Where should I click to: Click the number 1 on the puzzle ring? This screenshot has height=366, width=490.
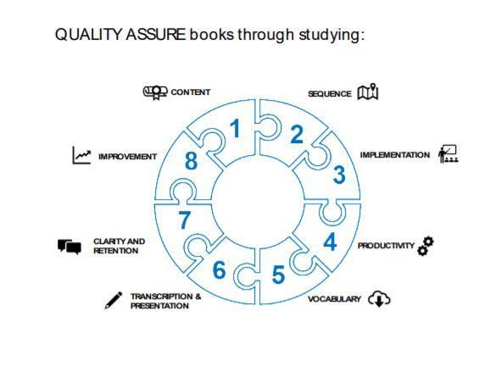point(235,128)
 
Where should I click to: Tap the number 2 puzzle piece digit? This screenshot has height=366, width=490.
point(296,134)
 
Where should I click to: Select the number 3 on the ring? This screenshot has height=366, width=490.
point(339,175)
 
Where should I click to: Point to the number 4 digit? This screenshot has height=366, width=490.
point(330,241)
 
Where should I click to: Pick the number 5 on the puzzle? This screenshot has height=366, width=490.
point(278,274)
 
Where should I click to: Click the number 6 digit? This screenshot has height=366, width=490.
point(219,269)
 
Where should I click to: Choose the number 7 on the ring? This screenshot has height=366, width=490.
point(184,219)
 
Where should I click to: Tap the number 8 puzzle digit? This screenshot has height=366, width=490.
point(191,161)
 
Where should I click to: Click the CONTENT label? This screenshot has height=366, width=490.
point(190,92)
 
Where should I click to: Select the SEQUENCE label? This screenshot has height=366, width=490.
point(330,94)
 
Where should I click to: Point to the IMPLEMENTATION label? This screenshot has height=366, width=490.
point(395,155)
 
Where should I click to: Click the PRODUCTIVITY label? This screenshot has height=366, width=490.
point(386,246)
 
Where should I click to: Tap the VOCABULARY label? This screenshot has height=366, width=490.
point(334,299)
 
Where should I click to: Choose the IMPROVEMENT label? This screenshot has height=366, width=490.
point(127,157)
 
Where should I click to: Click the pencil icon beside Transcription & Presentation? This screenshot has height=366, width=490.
point(114,301)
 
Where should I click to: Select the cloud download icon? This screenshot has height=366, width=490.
point(379,299)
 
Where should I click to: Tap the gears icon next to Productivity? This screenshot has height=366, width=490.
point(426,246)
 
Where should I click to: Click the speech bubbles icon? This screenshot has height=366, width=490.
point(70,247)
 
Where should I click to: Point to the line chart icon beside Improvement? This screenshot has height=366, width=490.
point(81,155)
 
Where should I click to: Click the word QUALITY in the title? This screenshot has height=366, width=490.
point(89,35)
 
